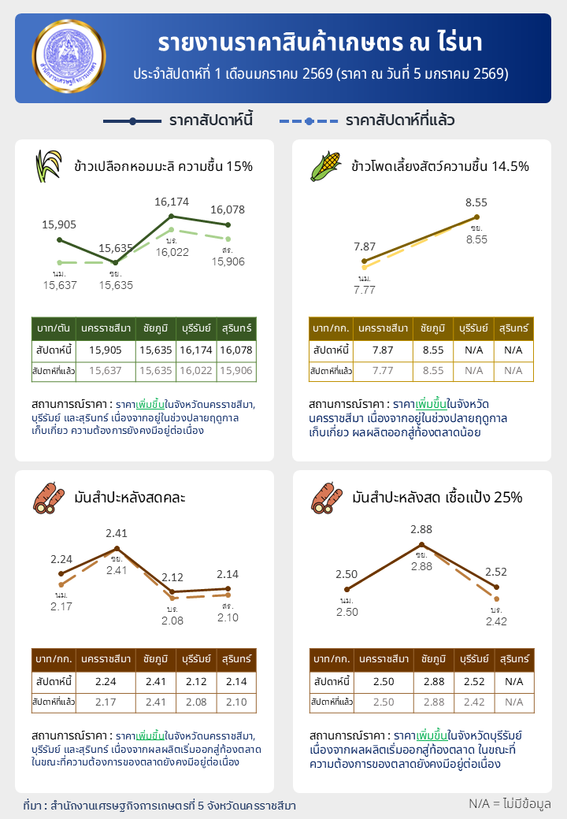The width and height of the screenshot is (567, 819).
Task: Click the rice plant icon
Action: tap(49, 165)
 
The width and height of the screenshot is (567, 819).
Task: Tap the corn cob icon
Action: tap(325, 165)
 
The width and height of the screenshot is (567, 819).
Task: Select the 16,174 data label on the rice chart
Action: tap(171, 202)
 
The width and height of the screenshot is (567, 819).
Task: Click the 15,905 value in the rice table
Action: tap(106, 350)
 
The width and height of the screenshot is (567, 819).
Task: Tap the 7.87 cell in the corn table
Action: tap(383, 350)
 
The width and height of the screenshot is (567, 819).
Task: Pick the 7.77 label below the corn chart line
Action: tap(365, 290)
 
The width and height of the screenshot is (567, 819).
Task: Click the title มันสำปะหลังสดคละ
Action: tap(130, 498)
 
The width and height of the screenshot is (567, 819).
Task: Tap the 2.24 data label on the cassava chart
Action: tap(61, 559)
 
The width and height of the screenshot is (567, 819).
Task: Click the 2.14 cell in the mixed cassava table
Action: tap(237, 681)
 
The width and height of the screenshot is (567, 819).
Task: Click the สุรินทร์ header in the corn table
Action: tap(513, 328)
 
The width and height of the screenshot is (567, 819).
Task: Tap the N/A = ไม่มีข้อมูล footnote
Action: tap(509, 803)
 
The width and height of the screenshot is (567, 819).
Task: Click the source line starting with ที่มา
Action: tap(160, 806)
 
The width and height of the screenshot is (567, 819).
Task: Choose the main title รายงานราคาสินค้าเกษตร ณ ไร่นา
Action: tap(320, 42)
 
